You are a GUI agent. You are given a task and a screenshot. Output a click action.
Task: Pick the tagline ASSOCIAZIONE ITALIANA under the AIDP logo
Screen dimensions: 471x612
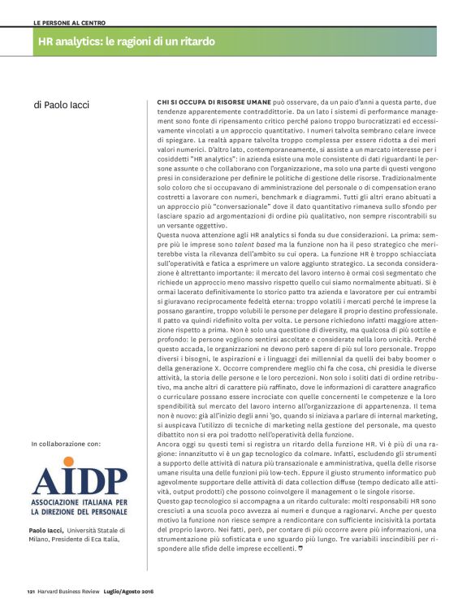coord(71,503)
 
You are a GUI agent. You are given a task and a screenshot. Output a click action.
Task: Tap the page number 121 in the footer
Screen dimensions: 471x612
coord(30,591)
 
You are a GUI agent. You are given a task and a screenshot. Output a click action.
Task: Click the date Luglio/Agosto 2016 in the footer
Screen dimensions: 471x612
coord(130,591)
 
